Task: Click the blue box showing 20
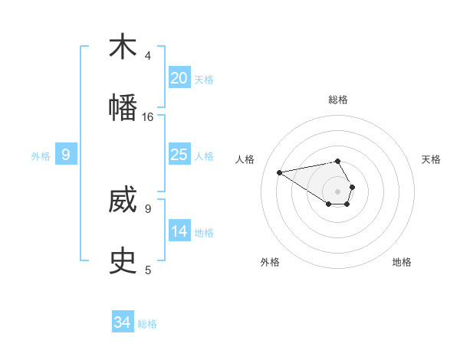coord(179,78)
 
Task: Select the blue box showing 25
coord(179,155)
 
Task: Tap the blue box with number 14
coord(179,231)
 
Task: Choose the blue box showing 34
coord(123,322)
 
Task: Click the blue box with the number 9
coord(66,155)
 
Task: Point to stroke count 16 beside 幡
coord(147,117)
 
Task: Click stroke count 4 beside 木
coord(148,56)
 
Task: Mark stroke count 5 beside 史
coord(148,270)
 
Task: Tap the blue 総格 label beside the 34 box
coord(147,324)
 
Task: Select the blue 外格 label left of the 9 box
coord(41,156)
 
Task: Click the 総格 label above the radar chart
coord(337,100)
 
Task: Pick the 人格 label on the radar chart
coord(245,159)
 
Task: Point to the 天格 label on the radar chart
coord(431,159)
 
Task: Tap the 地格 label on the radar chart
coord(402,262)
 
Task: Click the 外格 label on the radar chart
coord(270,262)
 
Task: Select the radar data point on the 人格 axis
coord(279,172)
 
